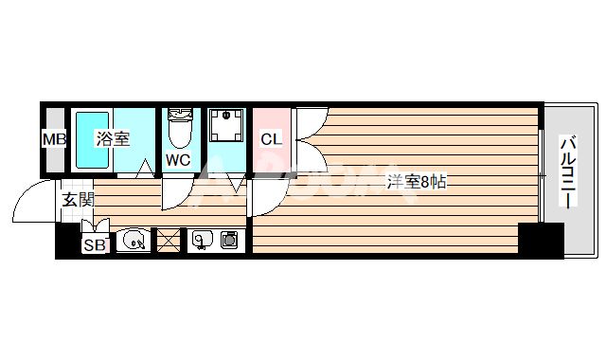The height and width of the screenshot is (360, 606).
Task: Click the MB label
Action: tap(53, 140)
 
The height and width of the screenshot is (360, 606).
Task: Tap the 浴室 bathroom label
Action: tap(112, 139)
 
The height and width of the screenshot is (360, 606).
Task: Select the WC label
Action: tap(178, 160)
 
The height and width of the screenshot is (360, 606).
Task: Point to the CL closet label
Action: tap(271, 140)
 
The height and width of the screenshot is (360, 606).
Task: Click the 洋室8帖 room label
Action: tap(415, 182)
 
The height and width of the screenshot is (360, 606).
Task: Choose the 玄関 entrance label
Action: tap(79, 200)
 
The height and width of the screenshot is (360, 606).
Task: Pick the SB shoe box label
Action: tap(94, 245)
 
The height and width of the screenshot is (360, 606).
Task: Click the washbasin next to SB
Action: tap(134, 242)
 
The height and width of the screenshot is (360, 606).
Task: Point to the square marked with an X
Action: tap(168, 242)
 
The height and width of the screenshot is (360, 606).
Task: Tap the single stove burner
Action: tap(229, 241)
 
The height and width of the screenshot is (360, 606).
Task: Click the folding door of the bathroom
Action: tap(144, 171)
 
